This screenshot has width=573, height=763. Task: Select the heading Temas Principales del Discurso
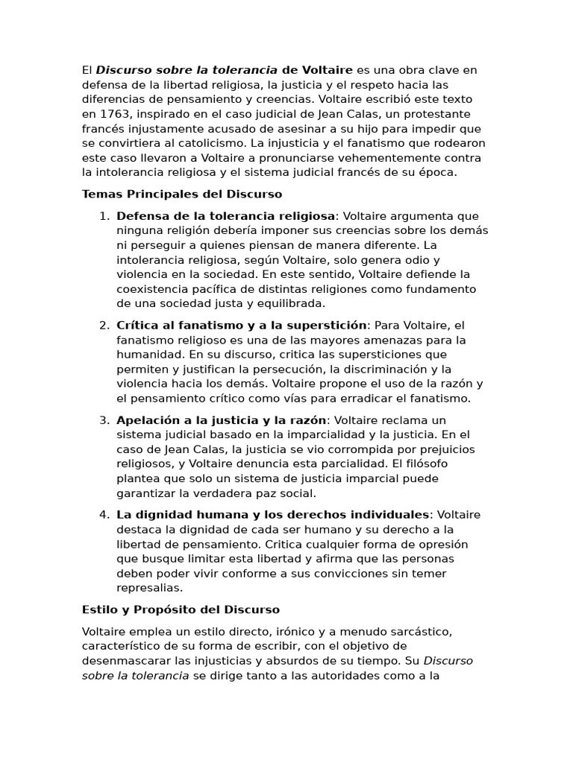(182, 194)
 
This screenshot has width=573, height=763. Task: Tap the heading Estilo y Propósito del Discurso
(181, 610)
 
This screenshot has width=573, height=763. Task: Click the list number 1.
(104, 216)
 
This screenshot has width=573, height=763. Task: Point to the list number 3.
(104, 420)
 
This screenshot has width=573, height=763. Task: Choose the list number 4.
(104, 515)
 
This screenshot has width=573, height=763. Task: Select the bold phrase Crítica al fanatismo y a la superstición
(242, 326)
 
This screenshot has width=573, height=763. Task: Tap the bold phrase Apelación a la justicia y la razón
(222, 420)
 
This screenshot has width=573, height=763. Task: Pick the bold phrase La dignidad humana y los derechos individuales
(273, 515)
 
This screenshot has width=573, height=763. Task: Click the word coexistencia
(154, 289)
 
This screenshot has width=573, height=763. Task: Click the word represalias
(149, 588)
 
